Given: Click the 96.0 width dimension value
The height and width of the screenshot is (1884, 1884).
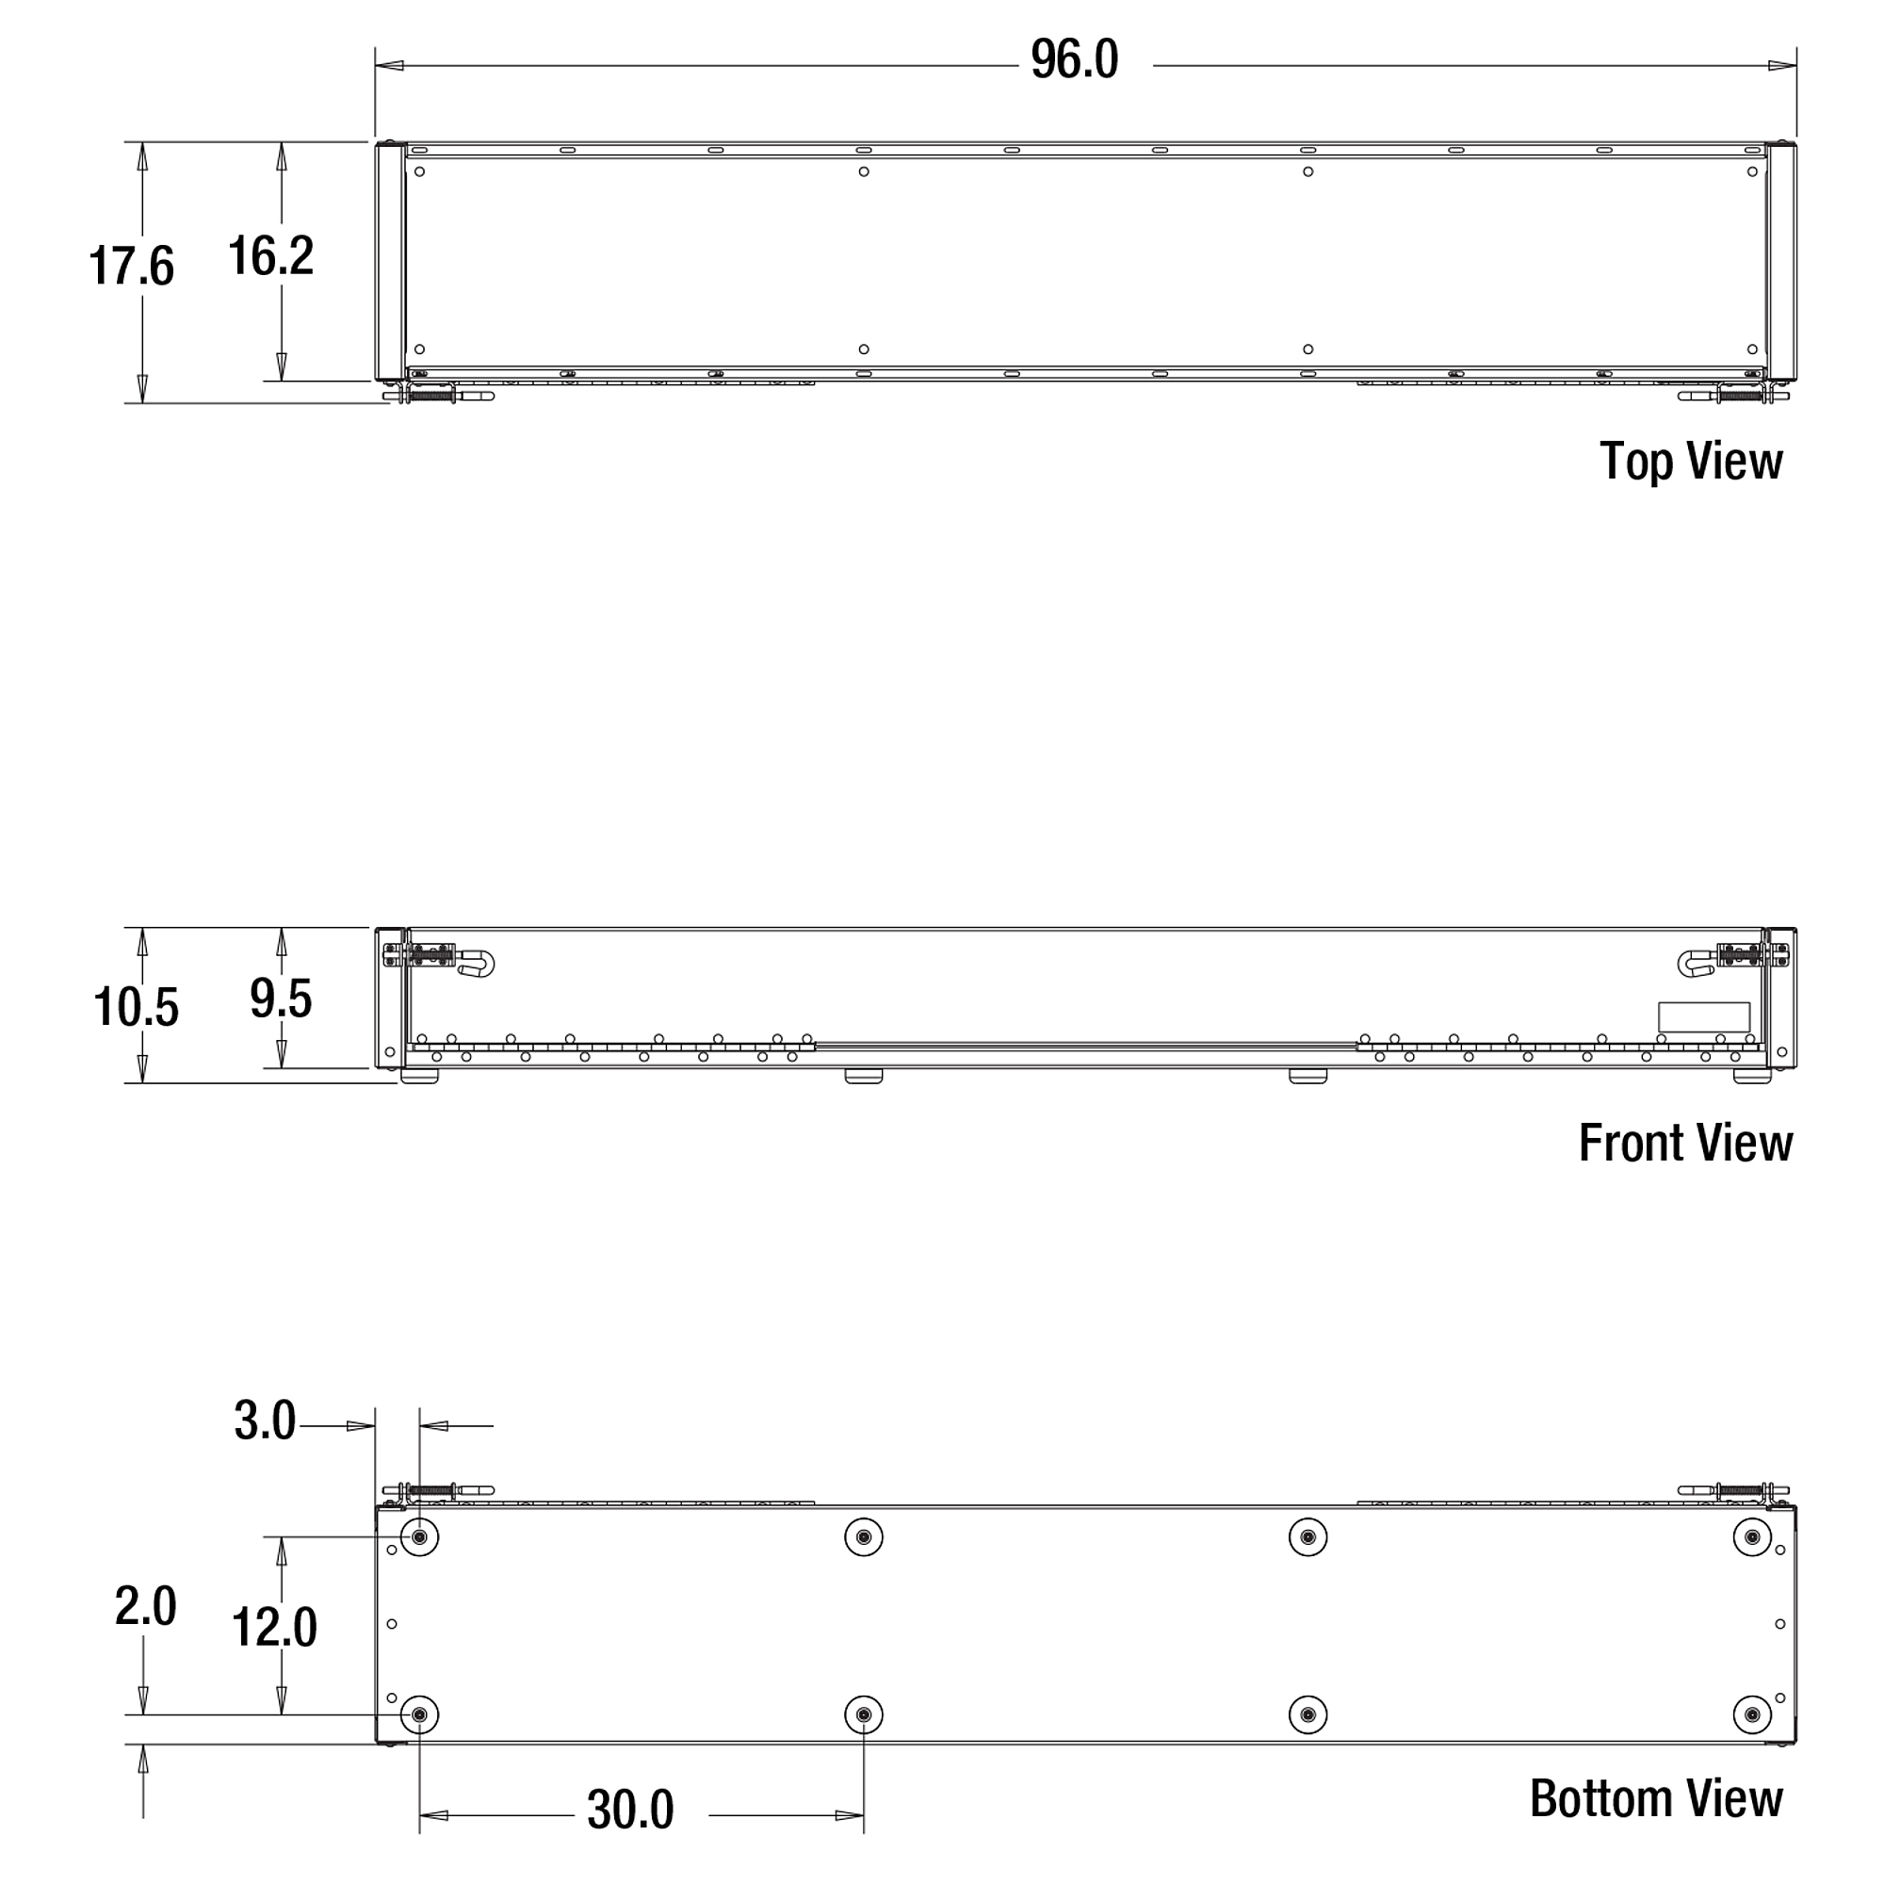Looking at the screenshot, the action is point(1074,60).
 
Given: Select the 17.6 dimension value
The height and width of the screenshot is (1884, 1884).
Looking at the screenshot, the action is point(131,267).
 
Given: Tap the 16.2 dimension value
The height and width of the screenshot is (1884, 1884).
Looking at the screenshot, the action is point(270,256).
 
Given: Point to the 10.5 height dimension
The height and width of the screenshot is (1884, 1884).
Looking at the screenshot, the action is point(136,1007).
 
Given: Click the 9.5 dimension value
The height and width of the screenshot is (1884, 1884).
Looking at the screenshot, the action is point(281,999).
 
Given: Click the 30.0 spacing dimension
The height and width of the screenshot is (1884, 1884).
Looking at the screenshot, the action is point(630,1811).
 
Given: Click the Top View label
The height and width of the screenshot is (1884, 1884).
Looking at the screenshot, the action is point(1691,462).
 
